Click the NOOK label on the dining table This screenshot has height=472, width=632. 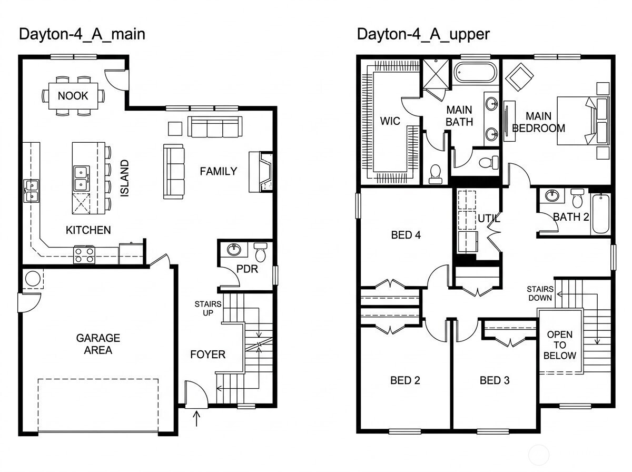point(73,95)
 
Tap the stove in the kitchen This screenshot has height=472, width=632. point(84,255)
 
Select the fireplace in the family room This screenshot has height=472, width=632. point(261,172)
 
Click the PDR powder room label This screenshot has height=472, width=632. point(247,269)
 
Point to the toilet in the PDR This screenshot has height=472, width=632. point(261,252)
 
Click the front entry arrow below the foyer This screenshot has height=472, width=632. point(196,418)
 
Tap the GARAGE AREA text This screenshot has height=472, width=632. point(98,344)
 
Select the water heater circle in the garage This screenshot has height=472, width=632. point(33,279)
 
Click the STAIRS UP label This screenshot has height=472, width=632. point(208,308)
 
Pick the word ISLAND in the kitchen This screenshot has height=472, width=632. point(124,179)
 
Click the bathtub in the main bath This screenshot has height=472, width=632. point(475,72)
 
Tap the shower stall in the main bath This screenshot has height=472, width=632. point(436,74)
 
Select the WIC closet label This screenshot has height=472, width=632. point(390,121)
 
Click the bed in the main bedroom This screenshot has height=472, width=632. point(583,121)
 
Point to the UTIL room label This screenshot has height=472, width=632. point(489,219)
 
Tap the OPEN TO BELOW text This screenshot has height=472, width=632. point(560,345)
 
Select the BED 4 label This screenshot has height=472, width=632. point(406,235)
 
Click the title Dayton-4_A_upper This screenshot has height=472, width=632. point(423,34)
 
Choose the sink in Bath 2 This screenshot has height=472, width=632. point(551,196)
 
